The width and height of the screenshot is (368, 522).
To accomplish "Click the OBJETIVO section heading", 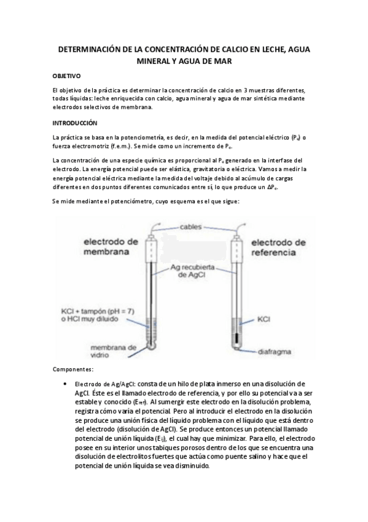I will pos(66,76).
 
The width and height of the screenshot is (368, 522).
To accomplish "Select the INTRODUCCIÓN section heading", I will pos(75,123).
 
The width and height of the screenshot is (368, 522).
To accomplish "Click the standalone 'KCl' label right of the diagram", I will pos(265,319).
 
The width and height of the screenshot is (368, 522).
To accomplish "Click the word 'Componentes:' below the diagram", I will pos(72,369).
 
